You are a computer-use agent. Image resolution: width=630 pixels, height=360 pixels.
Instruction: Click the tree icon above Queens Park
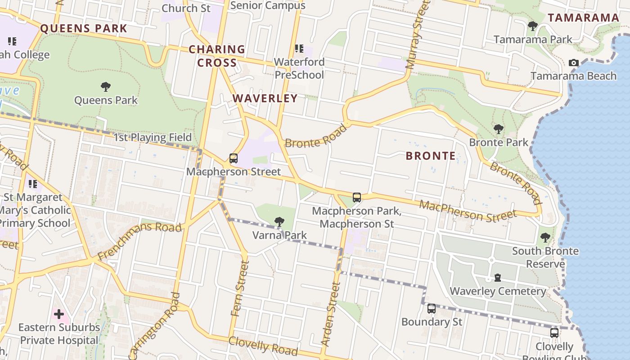(x=106, y=86)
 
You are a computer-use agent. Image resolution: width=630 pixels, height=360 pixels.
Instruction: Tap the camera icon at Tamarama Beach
(x=574, y=63)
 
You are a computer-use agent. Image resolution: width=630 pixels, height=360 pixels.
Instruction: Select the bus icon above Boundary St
(x=432, y=309)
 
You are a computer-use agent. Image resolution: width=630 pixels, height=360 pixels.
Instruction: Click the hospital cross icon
(x=59, y=314)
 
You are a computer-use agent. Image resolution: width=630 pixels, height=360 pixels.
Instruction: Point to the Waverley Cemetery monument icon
(x=498, y=278)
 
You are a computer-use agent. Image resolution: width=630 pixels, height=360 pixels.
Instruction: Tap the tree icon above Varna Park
(x=279, y=221)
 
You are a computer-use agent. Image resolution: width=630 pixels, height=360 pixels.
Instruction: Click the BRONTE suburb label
(x=431, y=156)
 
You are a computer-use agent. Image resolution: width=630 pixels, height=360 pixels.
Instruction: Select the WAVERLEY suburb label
(x=265, y=98)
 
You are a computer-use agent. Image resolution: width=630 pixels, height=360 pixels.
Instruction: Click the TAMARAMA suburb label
(x=583, y=18)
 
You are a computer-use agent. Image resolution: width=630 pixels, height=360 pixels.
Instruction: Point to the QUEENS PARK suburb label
(x=84, y=28)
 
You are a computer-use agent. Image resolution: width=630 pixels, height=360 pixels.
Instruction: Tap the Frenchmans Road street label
(x=139, y=241)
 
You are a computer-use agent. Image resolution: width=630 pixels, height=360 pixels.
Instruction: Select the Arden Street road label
(x=332, y=314)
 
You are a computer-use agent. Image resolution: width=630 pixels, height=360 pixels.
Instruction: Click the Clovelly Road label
(x=263, y=346)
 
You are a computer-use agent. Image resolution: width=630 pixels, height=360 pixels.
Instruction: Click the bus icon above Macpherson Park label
(x=357, y=197)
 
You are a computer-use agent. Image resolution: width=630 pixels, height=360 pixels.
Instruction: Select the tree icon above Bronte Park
(x=498, y=129)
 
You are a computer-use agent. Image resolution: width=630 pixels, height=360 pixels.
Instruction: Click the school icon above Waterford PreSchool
(x=299, y=49)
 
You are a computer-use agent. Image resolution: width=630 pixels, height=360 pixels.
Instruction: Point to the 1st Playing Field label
(x=153, y=137)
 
